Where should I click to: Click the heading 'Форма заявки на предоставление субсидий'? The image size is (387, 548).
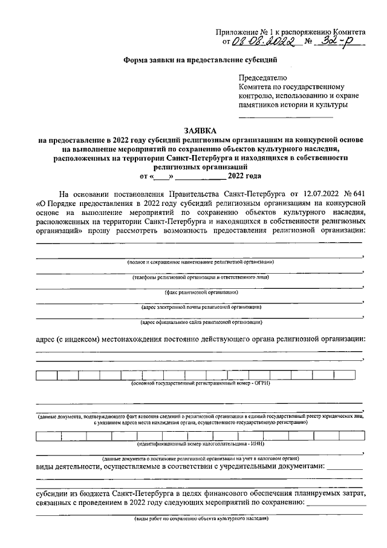pyautogui.click(x=200, y=61)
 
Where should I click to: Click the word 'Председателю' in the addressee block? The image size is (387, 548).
pyautogui.click(x=264, y=78)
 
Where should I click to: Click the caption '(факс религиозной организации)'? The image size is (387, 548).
pyautogui.click(x=200, y=292)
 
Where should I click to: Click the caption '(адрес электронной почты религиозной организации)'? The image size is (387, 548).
pyautogui.click(x=200, y=307)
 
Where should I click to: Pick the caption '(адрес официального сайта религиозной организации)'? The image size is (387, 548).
pyautogui.click(x=200, y=322)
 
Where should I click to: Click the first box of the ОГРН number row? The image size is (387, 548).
pyautogui.click(x=47, y=375)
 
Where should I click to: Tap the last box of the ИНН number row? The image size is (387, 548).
pyautogui.click(x=353, y=435)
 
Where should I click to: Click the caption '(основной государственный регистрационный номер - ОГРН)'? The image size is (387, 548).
pyautogui.click(x=200, y=383)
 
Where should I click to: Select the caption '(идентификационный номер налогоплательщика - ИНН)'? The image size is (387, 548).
pyautogui.click(x=200, y=444)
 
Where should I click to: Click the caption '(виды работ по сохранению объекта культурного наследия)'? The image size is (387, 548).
pyautogui.click(x=200, y=519)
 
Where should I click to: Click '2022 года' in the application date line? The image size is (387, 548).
pyautogui.click(x=245, y=177)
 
